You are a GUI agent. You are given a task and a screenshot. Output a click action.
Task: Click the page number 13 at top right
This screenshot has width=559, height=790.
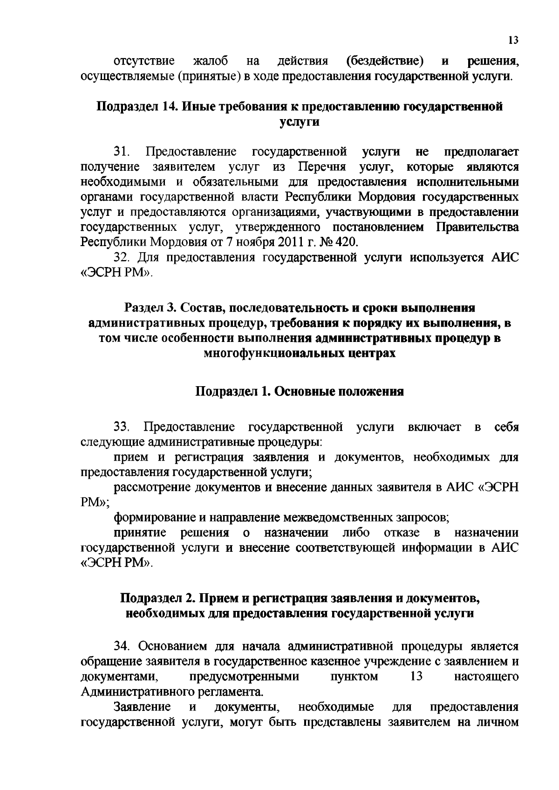(x=513, y=40)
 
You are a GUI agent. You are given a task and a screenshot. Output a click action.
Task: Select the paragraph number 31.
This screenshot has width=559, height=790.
(x=122, y=152)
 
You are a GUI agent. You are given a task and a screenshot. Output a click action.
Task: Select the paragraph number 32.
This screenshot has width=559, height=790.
(x=122, y=258)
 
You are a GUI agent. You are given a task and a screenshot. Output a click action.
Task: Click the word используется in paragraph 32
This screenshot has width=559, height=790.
(x=447, y=258)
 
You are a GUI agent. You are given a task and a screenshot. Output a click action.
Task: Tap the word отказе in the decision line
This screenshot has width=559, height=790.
(x=402, y=532)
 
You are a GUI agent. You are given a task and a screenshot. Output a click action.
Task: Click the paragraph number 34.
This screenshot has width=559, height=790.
(x=122, y=647)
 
